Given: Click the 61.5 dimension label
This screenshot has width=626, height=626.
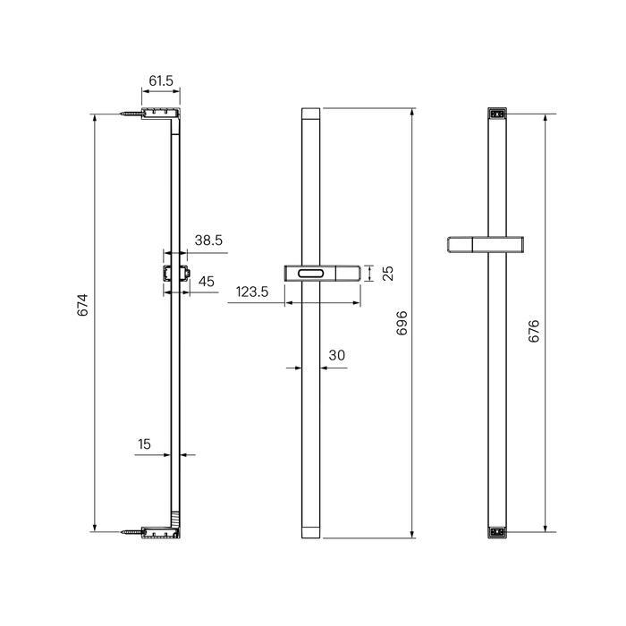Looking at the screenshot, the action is click(x=161, y=81).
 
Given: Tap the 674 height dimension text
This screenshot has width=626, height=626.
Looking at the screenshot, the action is click(x=82, y=305).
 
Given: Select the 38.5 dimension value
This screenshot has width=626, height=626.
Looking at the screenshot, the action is click(x=208, y=241).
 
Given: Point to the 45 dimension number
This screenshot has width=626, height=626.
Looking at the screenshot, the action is click(x=207, y=282).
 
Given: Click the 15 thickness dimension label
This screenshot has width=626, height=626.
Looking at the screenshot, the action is click(x=144, y=444).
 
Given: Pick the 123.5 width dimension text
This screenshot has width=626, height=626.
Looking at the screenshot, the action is click(x=252, y=292).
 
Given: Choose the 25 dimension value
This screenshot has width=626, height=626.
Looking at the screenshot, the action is click(x=387, y=274).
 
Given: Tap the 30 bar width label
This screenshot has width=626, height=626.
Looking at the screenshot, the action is click(x=336, y=355).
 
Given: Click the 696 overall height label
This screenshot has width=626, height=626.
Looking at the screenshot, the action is click(x=402, y=323).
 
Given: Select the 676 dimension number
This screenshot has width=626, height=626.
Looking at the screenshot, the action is click(x=534, y=331).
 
